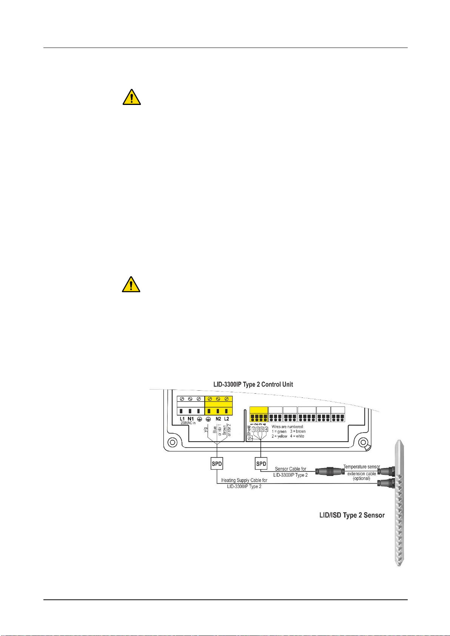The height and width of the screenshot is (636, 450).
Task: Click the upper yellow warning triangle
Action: pyautogui.click(x=132, y=97)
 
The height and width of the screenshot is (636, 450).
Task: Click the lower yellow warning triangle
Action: pyautogui.click(x=131, y=284)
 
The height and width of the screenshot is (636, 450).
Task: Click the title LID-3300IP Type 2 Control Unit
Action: pyautogui.click(x=253, y=385)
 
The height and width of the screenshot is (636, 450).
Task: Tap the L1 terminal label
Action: pyautogui.click(x=182, y=419)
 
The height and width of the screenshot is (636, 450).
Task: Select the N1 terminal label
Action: pyautogui.click(x=191, y=419)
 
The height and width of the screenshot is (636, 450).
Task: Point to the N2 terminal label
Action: pyautogui.click(x=218, y=419)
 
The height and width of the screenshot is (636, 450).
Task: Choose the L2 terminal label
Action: pyautogui.click(x=226, y=419)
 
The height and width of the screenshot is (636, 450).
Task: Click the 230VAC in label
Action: pyautogui.click(x=188, y=423)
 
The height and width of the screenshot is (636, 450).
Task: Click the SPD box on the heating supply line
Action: pyautogui.click(x=217, y=464)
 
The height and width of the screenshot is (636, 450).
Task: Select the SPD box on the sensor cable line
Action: pyautogui.click(x=261, y=464)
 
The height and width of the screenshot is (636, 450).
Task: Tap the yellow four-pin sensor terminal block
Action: pyautogui.click(x=259, y=414)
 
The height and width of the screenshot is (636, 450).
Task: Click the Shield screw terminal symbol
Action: pyautogui.click(x=250, y=439)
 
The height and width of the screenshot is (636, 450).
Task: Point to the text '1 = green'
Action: pyautogui.click(x=279, y=431)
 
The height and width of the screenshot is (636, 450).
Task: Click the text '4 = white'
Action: pyautogui.click(x=297, y=436)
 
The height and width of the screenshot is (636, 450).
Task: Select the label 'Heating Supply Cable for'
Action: pyautogui.click(x=244, y=480)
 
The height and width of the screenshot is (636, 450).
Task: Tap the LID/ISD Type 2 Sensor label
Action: pyautogui.click(x=352, y=515)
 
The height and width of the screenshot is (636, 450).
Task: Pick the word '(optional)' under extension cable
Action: pyautogui.click(x=361, y=479)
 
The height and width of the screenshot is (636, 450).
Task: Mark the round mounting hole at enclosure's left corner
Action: pyautogui.click(x=172, y=442)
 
